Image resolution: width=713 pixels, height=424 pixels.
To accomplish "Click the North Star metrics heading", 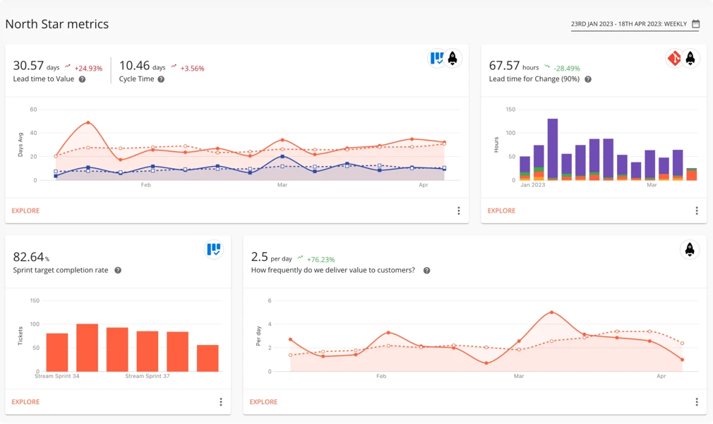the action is tap(57, 24).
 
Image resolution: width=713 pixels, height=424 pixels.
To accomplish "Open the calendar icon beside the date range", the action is tap(696, 24).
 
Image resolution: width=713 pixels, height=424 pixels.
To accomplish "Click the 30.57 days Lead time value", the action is tap(37, 66).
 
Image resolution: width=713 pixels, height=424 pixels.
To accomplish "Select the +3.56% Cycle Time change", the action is tap(192, 69).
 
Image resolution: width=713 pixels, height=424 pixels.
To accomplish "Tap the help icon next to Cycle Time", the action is tap(161, 79).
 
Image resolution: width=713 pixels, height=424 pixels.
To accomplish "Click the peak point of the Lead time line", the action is tap(88, 122).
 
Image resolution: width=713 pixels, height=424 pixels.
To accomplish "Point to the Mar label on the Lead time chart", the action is tap(282, 185).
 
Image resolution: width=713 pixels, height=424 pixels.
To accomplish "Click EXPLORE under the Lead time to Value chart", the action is tap(25, 211).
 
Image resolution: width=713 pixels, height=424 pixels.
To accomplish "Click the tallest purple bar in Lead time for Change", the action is tap(553, 148).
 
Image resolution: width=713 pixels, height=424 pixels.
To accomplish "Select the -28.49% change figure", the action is tap(567, 69).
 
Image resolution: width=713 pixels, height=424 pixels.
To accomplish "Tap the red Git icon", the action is tap(674, 58).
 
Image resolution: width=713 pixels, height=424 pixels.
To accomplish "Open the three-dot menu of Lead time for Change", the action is tap(697, 211).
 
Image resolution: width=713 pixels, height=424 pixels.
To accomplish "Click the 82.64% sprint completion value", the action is tap(31, 257).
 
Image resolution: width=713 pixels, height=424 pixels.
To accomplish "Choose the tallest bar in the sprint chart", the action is tap(88, 348).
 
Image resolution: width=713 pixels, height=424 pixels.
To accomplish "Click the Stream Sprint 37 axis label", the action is tap(148, 376).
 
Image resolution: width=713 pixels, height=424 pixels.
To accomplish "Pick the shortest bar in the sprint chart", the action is tap(208, 358).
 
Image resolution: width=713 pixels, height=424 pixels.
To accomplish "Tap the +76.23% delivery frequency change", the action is tap(320, 259).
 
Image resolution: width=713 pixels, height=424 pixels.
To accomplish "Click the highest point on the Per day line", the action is tap(551, 312).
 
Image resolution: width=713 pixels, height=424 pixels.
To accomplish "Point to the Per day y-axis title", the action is tap(258, 336).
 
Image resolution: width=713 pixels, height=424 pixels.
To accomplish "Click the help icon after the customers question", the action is tap(426, 271).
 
